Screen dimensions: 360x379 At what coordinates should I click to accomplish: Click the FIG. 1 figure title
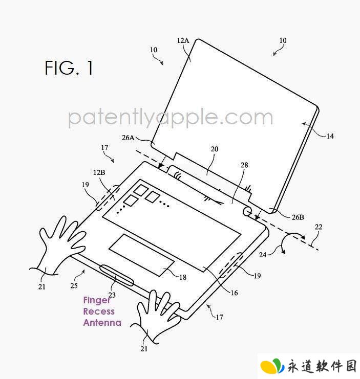click(x=69, y=68)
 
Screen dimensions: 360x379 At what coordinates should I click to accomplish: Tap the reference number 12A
click(x=183, y=40)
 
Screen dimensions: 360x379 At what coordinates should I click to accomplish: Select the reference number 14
click(x=330, y=136)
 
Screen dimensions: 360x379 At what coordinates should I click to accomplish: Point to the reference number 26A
click(x=128, y=138)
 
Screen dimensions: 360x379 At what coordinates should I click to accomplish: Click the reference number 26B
click(x=298, y=217)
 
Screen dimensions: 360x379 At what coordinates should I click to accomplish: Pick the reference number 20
click(x=215, y=149)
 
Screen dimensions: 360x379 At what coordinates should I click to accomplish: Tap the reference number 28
click(x=244, y=165)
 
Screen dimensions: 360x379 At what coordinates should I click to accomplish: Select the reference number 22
click(x=319, y=227)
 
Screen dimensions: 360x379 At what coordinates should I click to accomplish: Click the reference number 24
click(x=263, y=255)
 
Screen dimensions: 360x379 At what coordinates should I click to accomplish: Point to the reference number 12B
click(x=99, y=172)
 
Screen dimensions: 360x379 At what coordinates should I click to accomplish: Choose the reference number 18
click(x=183, y=277)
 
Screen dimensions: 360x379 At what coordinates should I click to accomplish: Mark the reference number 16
click(x=234, y=293)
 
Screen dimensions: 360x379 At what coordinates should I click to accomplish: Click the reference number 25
click(x=74, y=286)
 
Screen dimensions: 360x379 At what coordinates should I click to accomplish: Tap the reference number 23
click(x=112, y=295)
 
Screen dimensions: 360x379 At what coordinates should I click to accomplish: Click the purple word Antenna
click(x=102, y=322)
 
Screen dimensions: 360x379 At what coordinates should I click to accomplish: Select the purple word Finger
click(x=97, y=300)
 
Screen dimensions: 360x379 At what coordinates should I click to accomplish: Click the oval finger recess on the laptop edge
click(x=117, y=275)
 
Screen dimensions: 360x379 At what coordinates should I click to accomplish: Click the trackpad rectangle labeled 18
click(x=141, y=255)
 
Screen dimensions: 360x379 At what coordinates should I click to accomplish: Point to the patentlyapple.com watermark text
click(x=171, y=118)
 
